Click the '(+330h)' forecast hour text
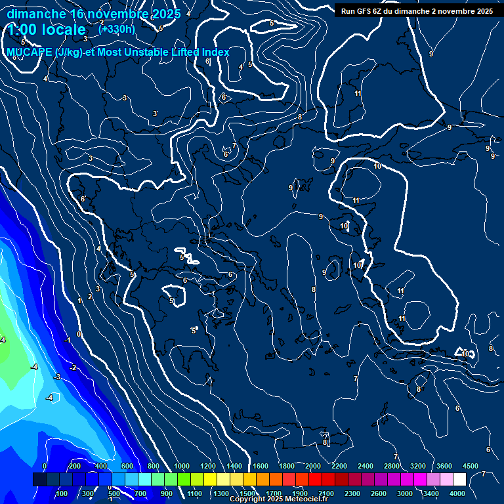pyautogui.click(x=116, y=29)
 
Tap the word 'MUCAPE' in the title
pyautogui.click(x=30, y=52)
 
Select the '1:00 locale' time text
pyautogui.click(x=47, y=30)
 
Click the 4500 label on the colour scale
pyautogui.click(x=470, y=466)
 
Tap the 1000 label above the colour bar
pyautogui.click(x=182, y=466)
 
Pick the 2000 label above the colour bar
pyautogui.click(x=313, y=466)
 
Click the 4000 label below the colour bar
pyautogui.click(x=457, y=493)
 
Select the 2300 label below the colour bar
pyautogui.click(x=352, y=493)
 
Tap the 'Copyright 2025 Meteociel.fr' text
pyautogui.click(x=278, y=499)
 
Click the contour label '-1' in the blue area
pyautogui.click(x=68, y=340)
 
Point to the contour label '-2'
pyautogui.click(x=73, y=367)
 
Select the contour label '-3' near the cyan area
pyautogui.click(x=57, y=377)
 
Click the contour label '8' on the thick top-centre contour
pyautogui.click(x=300, y=117)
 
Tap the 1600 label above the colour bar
pyautogui.click(x=261, y=466)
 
